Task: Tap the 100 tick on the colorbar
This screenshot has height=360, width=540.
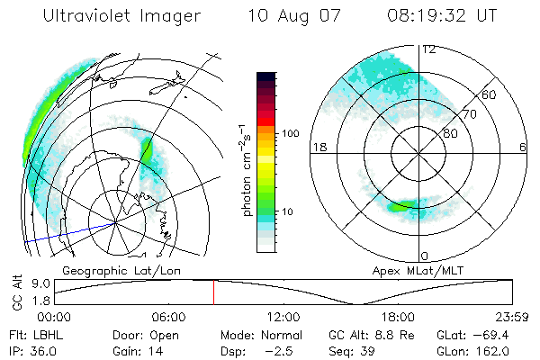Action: pyautogui.click(x=290, y=132)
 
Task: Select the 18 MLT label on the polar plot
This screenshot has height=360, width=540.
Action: pyautogui.click(x=318, y=146)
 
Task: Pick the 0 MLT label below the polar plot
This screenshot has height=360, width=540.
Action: pyautogui.click(x=425, y=256)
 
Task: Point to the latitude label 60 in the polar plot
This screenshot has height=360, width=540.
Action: pyautogui.click(x=490, y=94)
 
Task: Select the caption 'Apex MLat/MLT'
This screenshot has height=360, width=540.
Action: pyautogui.click(x=409, y=270)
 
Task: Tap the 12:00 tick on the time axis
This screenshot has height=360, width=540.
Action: pyautogui.click(x=283, y=317)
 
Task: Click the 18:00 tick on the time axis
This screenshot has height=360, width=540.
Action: pyautogui.click(x=398, y=317)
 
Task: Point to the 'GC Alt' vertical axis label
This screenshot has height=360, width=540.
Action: pyautogui.click(x=16, y=292)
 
